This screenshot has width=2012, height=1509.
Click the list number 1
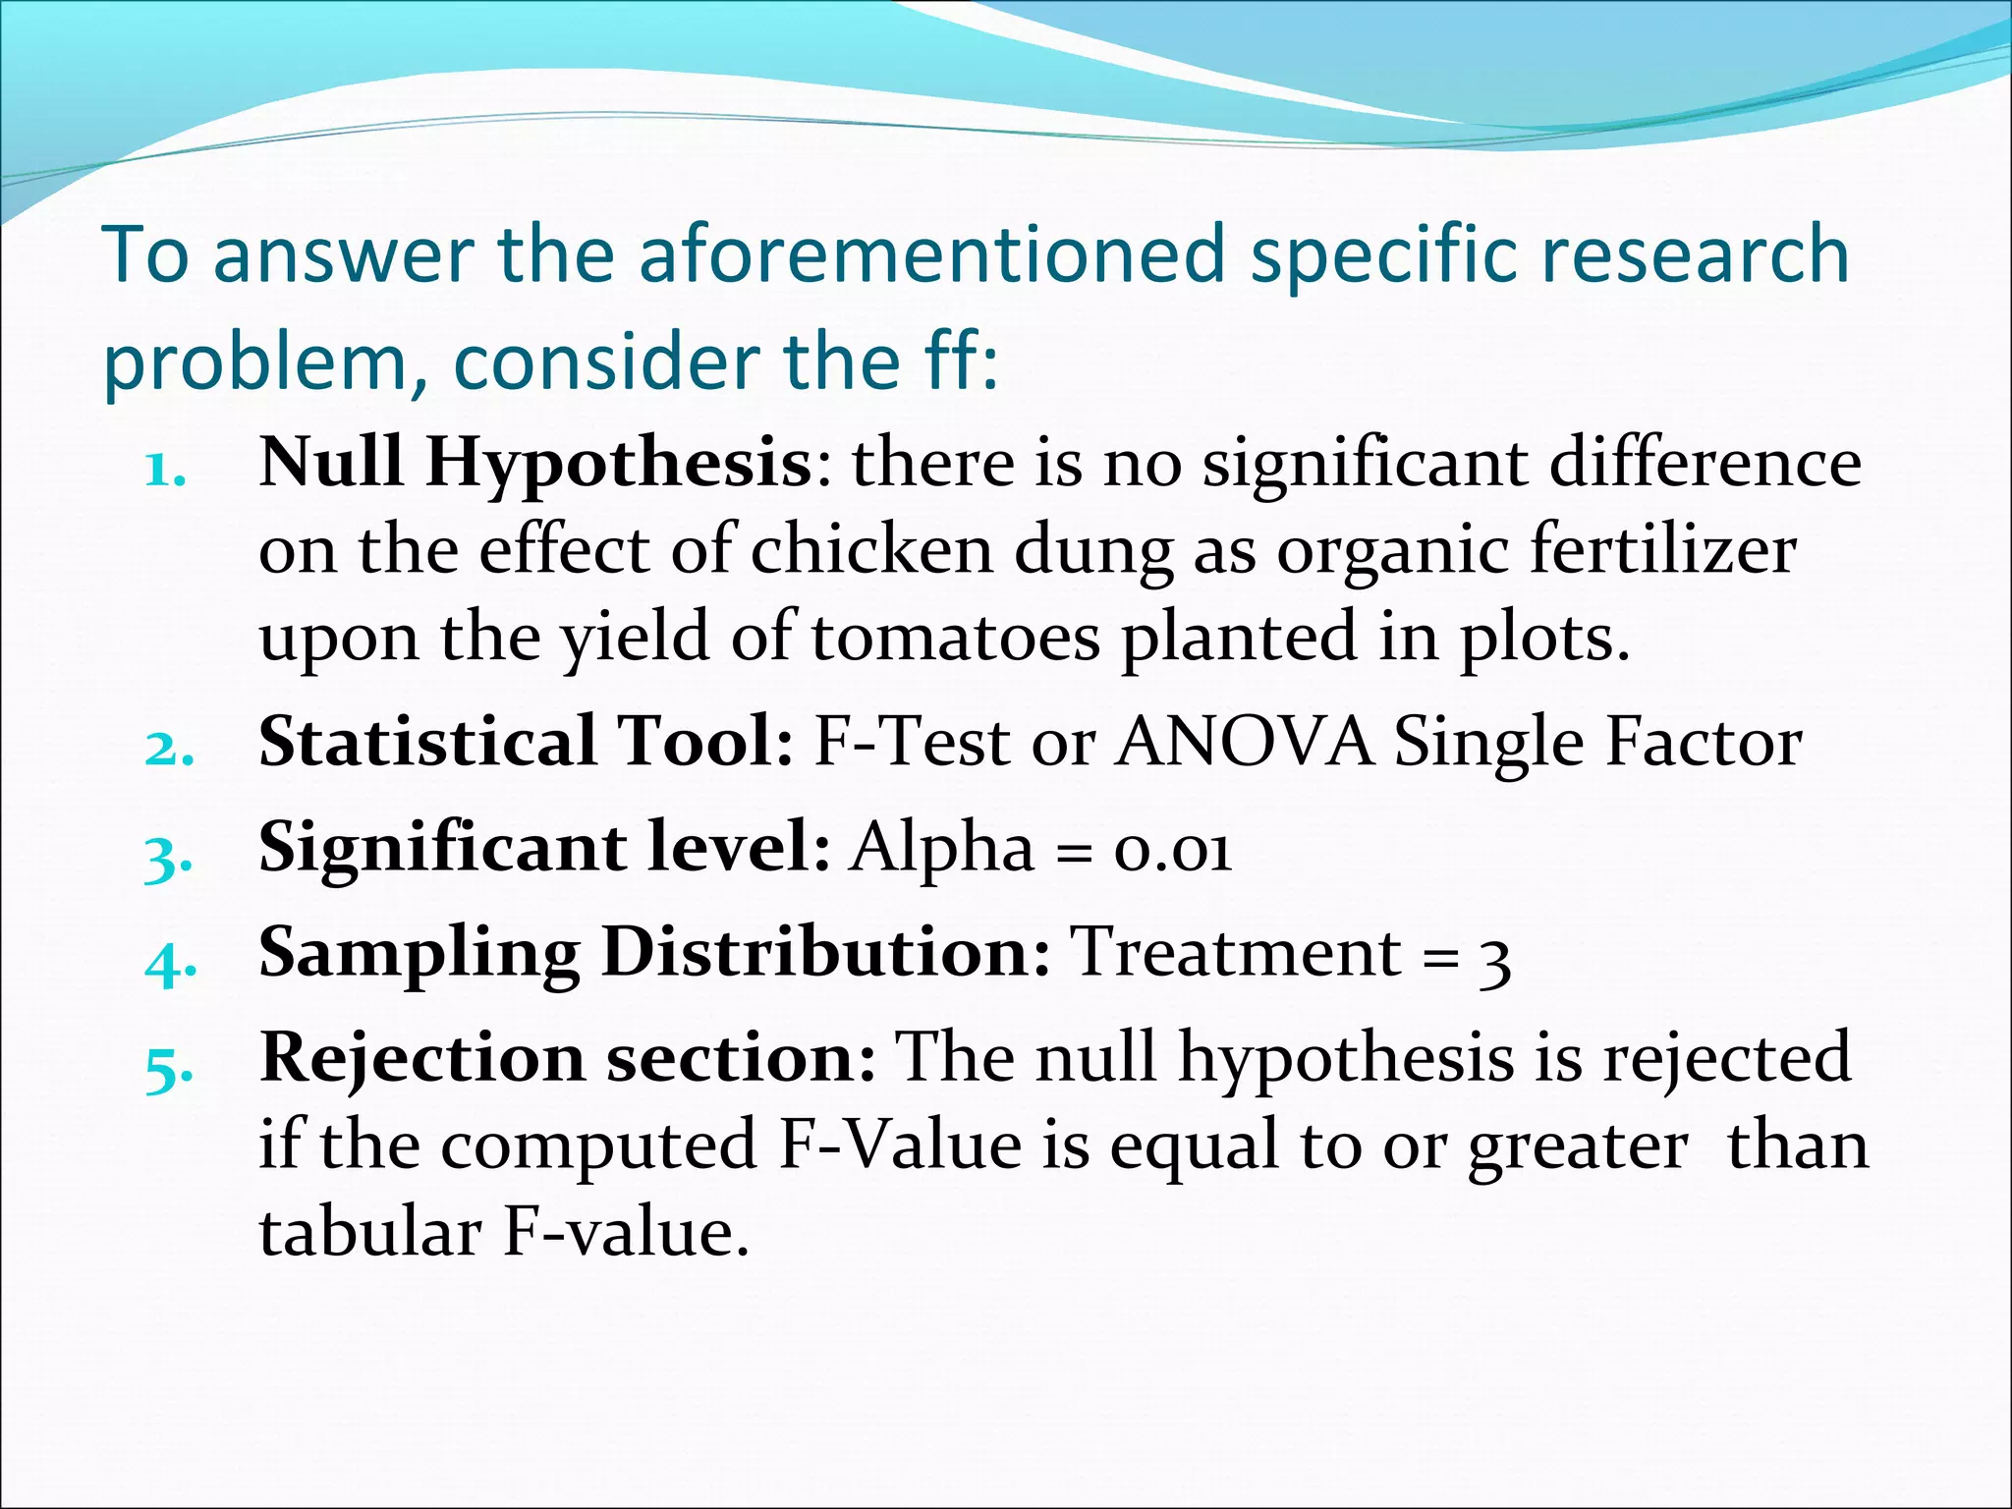tap(164, 472)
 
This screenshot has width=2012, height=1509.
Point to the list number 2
tap(169, 751)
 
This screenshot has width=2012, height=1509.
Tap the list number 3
tap(168, 858)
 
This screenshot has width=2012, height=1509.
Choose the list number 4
tap(170, 964)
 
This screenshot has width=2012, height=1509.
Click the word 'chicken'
tap(872, 550)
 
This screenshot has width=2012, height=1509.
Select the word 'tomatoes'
tap(955, 637)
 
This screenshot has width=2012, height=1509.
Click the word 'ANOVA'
tap(1245, 742)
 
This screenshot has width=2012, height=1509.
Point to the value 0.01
tap(1172, 849)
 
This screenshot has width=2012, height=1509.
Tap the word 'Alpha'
tap(942, 849)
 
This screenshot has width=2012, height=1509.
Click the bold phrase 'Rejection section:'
tap(568, 1059)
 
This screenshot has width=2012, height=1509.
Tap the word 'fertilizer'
tap(1663, 550)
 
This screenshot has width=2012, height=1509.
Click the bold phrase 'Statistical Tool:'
tap(527, 742)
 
